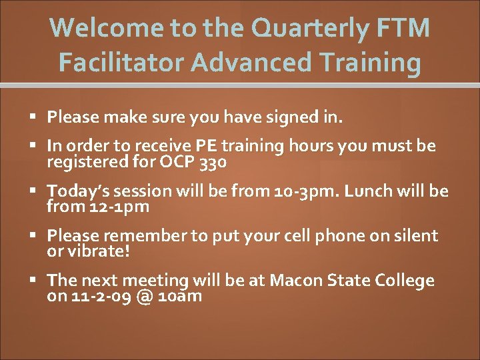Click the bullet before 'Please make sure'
(x=34, y=118)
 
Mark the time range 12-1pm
(x=118, y=207)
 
